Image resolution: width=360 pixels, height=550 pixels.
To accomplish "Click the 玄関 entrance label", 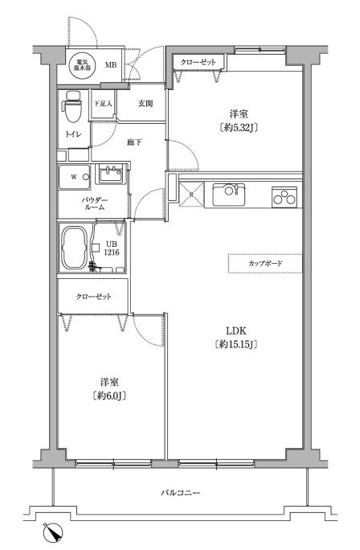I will pyautogui.click(x=145, y=103).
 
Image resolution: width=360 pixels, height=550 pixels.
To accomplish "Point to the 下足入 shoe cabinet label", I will pyautogui.click(x=102, y=104).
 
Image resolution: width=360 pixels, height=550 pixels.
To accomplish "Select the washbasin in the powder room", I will pyautogui.click(x=112, y=174).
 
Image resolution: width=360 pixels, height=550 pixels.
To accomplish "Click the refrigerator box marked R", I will pyautogui.click(x=190, y=194).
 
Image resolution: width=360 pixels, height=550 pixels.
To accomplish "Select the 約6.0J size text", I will pyautogui.click(x=112, y=395).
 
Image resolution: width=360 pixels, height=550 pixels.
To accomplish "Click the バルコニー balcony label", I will pyautogui.click(x=180, y=491).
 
